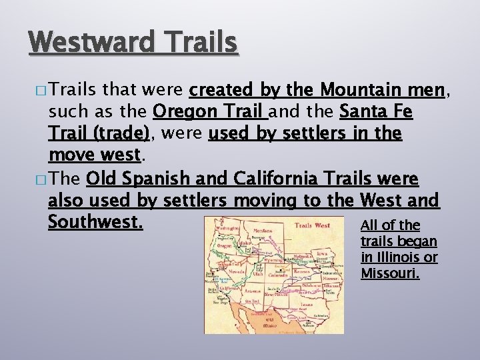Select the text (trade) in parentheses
[121, 133]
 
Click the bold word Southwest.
[95, 221]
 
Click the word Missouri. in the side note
[390, 273]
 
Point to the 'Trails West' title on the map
[312, 225]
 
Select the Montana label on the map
[263, 230]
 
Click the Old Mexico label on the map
[252, 325]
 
